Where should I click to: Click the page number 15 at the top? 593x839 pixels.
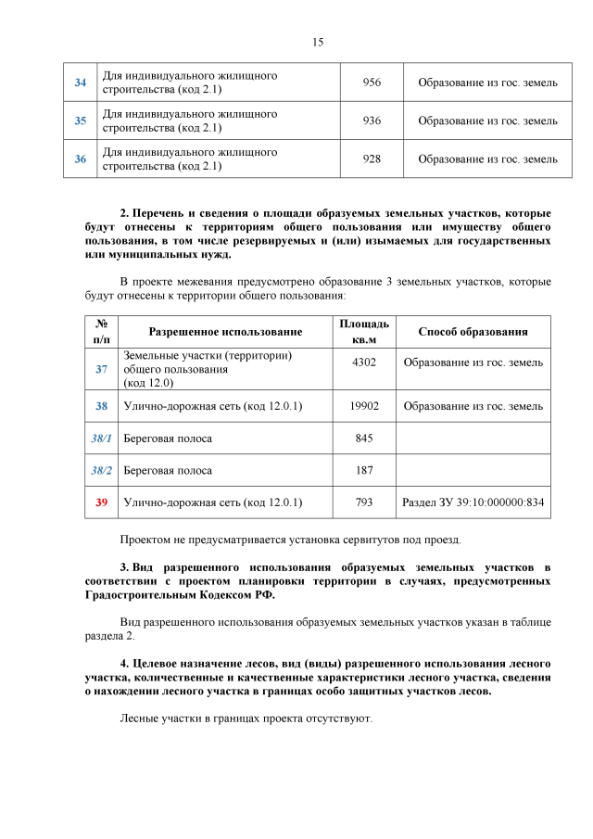pos(317,43)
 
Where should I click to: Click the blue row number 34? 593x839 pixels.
pos(81,83)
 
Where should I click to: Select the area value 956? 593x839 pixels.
pos(372,83)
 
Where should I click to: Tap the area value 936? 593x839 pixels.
pos(372,121)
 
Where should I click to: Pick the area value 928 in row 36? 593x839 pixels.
pos(372,159)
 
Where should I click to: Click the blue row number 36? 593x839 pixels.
pos(81,159)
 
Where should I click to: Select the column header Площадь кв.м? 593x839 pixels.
pos(364,332)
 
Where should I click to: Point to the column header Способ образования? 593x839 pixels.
pos(473,332)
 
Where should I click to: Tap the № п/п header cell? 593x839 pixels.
pos(101,332)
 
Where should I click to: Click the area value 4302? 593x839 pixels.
pos(364,362)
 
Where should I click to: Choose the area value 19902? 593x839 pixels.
pos(364,406)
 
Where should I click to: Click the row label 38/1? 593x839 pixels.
pos(101,439)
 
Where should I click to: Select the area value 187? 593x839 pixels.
pos(364,470)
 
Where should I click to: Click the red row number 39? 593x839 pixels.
pos(101,502)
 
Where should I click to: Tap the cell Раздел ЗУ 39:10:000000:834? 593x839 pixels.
pos(473,502)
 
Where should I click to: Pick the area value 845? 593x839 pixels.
pos(364,439)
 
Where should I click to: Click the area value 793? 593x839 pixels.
pos(364,502)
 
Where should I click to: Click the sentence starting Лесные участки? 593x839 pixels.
pos(246,718)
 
